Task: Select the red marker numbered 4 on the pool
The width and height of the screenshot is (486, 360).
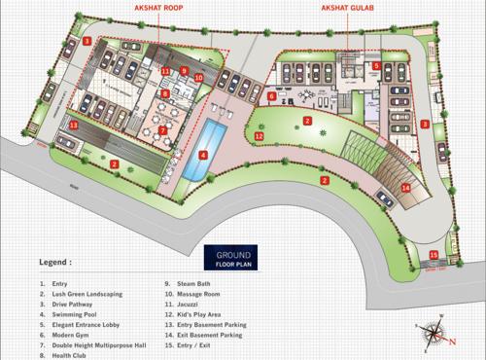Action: pos(203,153)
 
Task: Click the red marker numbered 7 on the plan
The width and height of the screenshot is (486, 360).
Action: pos(162,129)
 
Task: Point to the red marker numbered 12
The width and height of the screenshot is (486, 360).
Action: pos(260,137)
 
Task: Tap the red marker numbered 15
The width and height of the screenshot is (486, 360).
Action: pos(434,255)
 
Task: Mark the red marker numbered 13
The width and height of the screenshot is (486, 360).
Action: pos(72,126)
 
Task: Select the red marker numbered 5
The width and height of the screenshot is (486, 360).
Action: pos(375,66)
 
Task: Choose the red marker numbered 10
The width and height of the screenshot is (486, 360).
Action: pos(197,77)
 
